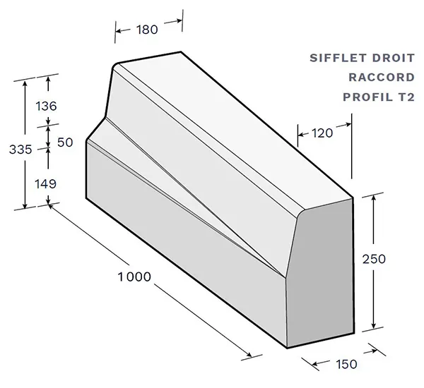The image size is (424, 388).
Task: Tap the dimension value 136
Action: click(45, 107)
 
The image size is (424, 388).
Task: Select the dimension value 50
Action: click(65, 142)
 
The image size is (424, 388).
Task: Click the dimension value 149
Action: click(45, 183)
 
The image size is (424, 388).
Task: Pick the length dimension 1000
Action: click(134, 277)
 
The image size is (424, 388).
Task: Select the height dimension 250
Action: click(392, 259)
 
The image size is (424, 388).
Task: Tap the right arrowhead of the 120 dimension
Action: click(348, 126)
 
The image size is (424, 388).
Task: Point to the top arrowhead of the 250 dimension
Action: click(372, 196)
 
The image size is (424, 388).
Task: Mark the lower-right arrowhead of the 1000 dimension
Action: click(249, 355)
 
